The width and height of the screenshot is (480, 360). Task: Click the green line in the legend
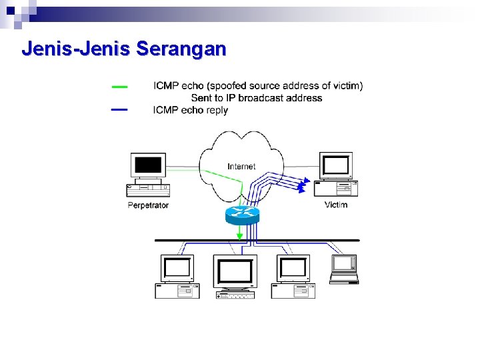click(x=119, y=86)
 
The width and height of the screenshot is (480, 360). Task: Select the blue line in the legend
click(x=119, y=109)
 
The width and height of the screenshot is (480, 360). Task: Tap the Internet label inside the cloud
click(x=241, y=166)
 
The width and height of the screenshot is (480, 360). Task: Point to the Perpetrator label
click(x=148, y=205)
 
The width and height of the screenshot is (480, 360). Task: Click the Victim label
click(x=336, y=205)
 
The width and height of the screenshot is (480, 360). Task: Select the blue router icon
click(x=241, y=213)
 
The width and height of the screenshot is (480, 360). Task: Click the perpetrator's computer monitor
click(x=148, y=166)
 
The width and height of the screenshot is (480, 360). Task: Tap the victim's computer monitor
click(x=336, y=165)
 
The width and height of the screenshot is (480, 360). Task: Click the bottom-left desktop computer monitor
click(x=177, y=269)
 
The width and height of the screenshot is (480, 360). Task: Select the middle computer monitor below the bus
click(x=235, y=272)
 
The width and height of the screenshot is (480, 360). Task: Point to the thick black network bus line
click(x=257, y=240)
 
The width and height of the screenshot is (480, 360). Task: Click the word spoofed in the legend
click(x=227, y=86)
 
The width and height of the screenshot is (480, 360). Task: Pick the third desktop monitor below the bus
click(x=293, y=269)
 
